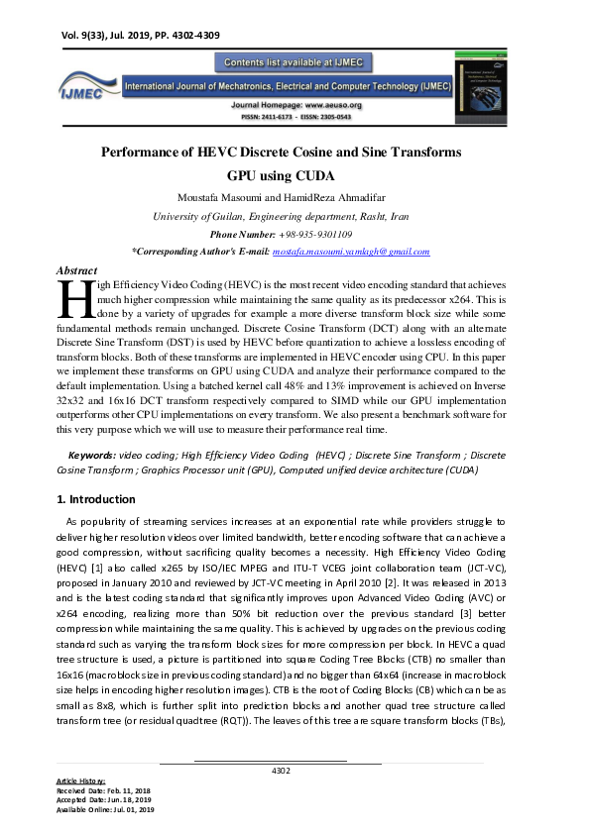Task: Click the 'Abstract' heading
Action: point(77,270)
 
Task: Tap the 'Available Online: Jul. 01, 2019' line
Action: point(105,810)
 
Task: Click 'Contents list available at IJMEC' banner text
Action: point(295,63)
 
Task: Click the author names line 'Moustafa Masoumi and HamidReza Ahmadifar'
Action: point(282,197)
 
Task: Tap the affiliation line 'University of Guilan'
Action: point(282,216)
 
